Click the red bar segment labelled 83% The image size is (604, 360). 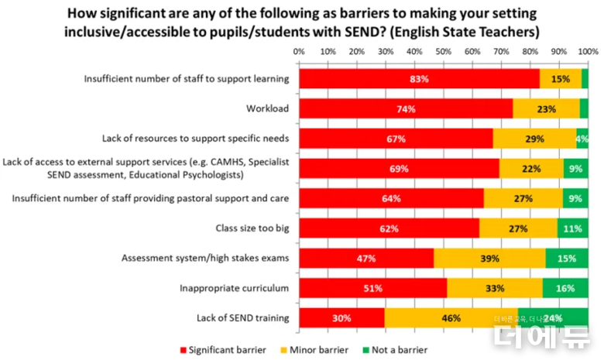[419, 78]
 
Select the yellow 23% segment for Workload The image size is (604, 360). [546, 108]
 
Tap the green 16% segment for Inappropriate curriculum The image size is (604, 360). [565, 288]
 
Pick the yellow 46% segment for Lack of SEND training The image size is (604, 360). [451, 317]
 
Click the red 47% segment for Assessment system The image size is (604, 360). [366, 258]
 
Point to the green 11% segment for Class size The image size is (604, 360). [572, 228]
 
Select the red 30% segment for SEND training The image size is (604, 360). [341, 317]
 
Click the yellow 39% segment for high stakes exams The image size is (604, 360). [489, 258]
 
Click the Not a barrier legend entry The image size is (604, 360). [398, 349]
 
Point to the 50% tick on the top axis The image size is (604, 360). [444, 52]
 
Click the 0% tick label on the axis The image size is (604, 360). [299, 52]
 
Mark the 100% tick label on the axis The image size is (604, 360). [587, 52]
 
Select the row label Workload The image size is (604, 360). [267, 108]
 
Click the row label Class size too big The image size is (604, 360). [252, 228]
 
